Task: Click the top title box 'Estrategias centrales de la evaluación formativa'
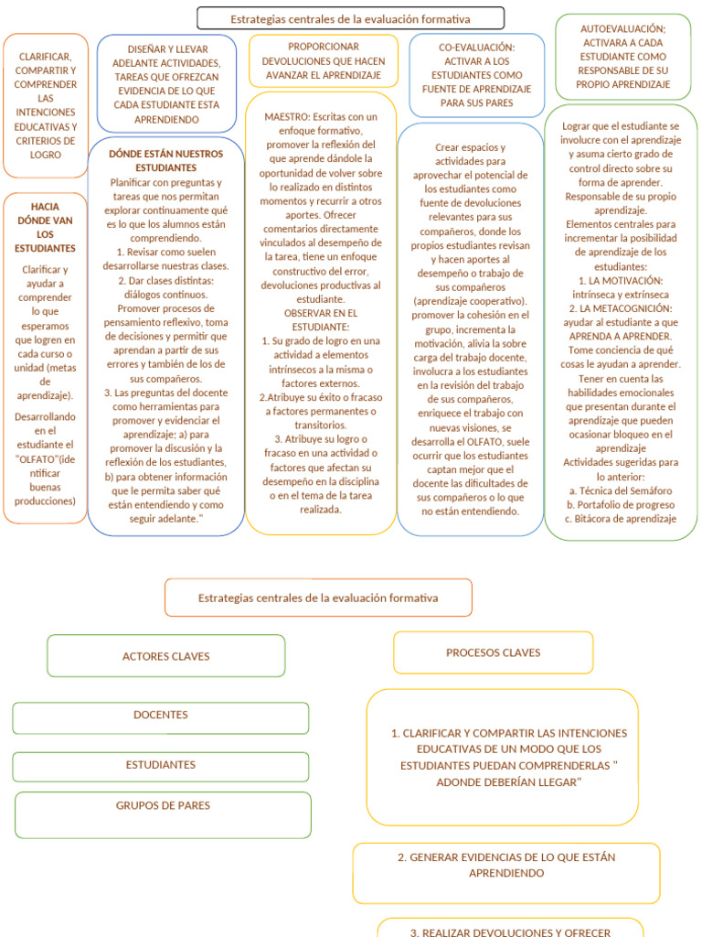pos(350,18)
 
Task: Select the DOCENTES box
pos(160,716)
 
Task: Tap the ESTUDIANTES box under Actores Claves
pos(160,765)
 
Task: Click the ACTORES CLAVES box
pos(165,656)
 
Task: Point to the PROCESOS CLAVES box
pos(493,652)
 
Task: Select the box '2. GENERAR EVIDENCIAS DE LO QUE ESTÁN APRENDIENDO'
pos(506,866)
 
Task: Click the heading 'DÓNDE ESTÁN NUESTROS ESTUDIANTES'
pos(165,161)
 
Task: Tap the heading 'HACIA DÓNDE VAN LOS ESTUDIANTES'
pos(45,228)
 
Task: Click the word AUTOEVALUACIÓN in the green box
pos(622,29)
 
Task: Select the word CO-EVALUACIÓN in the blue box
pos(476,47)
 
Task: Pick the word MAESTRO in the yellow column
pos(287,117)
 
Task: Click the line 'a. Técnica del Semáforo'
pos(622,490)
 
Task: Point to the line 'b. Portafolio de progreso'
pos(622,504)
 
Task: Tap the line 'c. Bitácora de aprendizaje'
pos(622,519)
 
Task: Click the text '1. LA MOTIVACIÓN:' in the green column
pos(621,280)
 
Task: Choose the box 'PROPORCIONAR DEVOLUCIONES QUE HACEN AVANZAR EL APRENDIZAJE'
pos(323,60)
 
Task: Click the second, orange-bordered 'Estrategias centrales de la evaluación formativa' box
pos(318,598)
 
